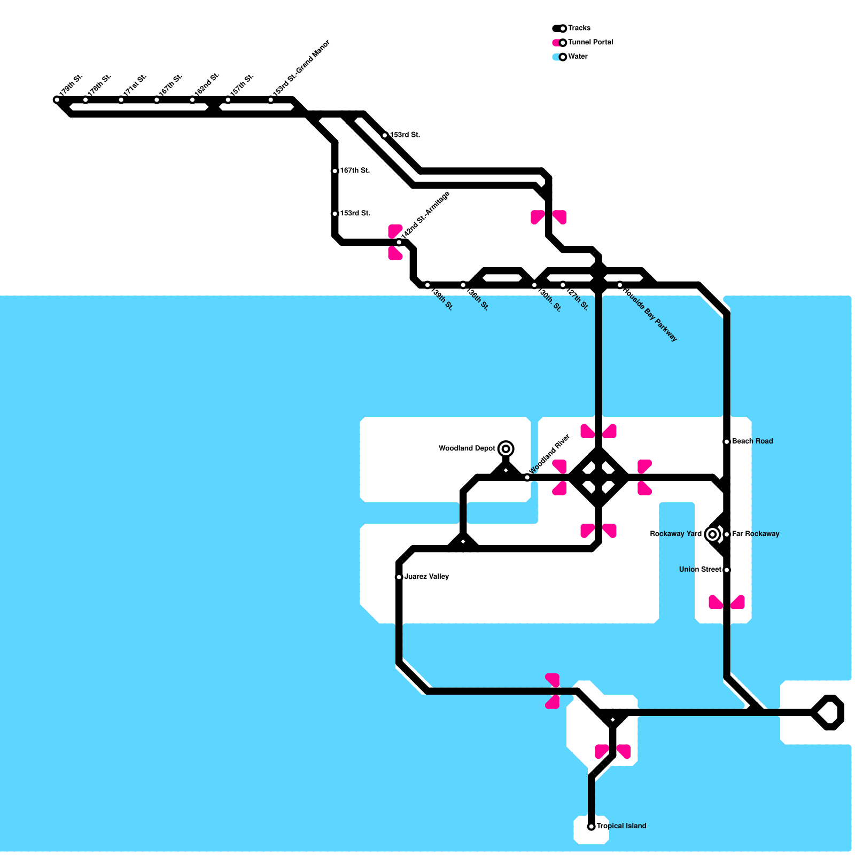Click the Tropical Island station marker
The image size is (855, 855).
tap(591, 827)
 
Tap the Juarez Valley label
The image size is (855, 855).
tap(426, 577)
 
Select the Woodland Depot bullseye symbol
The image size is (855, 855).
tap(506, 449)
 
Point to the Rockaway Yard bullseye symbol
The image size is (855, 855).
tap(712, 534)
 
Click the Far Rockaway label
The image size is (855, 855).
tap(755, 534)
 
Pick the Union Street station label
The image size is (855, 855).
tap(700, 570)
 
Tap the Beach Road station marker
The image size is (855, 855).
tap(727, 442)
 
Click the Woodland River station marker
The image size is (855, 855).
tap(527, 477)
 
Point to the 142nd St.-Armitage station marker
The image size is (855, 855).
tap(399, 243)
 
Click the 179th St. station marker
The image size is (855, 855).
tap(57, 100)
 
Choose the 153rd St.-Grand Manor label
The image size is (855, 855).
tap(301, 69)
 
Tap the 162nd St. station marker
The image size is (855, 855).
tap(192, 100)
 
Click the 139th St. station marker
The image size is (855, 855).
tap(428, 285)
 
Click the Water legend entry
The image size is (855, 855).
tap(578, 57)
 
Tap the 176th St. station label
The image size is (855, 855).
tap(99, 85)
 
